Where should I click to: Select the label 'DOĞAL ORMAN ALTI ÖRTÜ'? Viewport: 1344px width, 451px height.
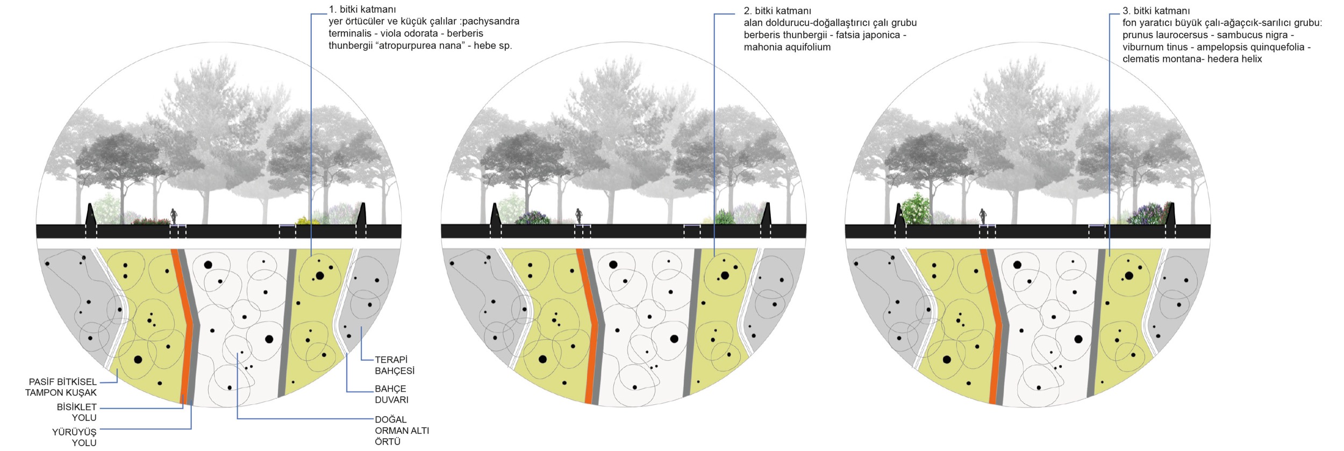401,431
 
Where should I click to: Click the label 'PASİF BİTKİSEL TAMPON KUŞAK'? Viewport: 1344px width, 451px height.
61,387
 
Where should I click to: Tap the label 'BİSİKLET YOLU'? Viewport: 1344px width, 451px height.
77,412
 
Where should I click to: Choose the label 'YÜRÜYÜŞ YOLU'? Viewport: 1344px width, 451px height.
75,437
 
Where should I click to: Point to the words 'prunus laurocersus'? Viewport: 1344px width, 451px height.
1163,35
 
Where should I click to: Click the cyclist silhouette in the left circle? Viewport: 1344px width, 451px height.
174,216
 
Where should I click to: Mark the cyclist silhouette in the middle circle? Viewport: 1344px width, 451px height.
578,216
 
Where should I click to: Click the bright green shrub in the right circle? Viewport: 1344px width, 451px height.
916,211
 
